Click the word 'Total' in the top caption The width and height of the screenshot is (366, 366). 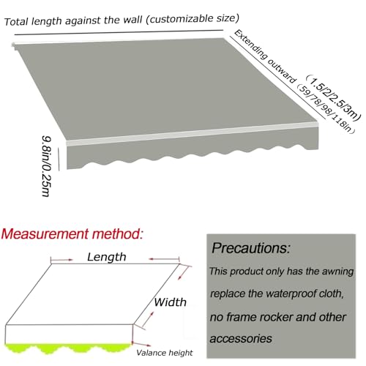coord(16,21)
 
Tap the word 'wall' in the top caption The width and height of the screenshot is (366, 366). coord(132,19)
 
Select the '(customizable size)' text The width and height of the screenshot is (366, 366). coord(193,18)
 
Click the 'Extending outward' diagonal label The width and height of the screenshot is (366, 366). coord(265,56)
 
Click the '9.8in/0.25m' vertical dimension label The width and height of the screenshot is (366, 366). coord(46,166)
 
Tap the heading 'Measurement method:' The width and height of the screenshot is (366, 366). coord(72,234)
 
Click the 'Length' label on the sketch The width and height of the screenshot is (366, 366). coord(107,257)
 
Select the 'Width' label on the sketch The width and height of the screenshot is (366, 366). coord(170,302)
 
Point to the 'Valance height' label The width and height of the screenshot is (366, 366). coord(165,353)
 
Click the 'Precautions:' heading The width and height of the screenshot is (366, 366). coord(251,248)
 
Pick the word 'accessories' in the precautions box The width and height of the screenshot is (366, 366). coord(241,339)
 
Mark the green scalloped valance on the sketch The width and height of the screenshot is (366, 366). coord(68,347)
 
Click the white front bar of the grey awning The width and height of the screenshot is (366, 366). coord(193,134)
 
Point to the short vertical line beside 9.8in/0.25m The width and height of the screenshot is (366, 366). coord(59,159)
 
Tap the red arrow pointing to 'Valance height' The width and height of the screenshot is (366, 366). coord(141,345)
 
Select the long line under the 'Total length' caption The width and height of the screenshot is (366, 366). coord(119,32)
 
